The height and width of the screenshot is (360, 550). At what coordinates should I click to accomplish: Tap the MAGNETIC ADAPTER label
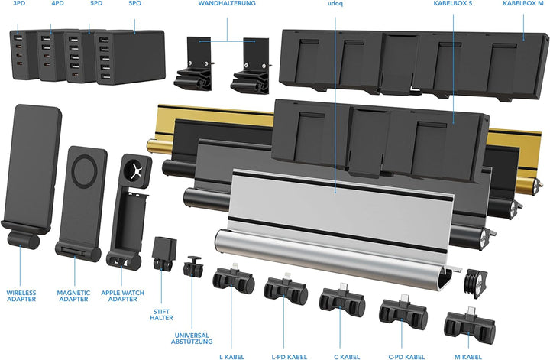click(x=74, y=296)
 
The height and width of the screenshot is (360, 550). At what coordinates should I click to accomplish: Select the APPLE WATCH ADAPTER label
click(x=120, y=296)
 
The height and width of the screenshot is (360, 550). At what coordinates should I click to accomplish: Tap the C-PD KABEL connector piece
click(x=402, y=313)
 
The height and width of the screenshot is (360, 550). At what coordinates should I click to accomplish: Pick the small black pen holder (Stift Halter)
click(x=164, y=251)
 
